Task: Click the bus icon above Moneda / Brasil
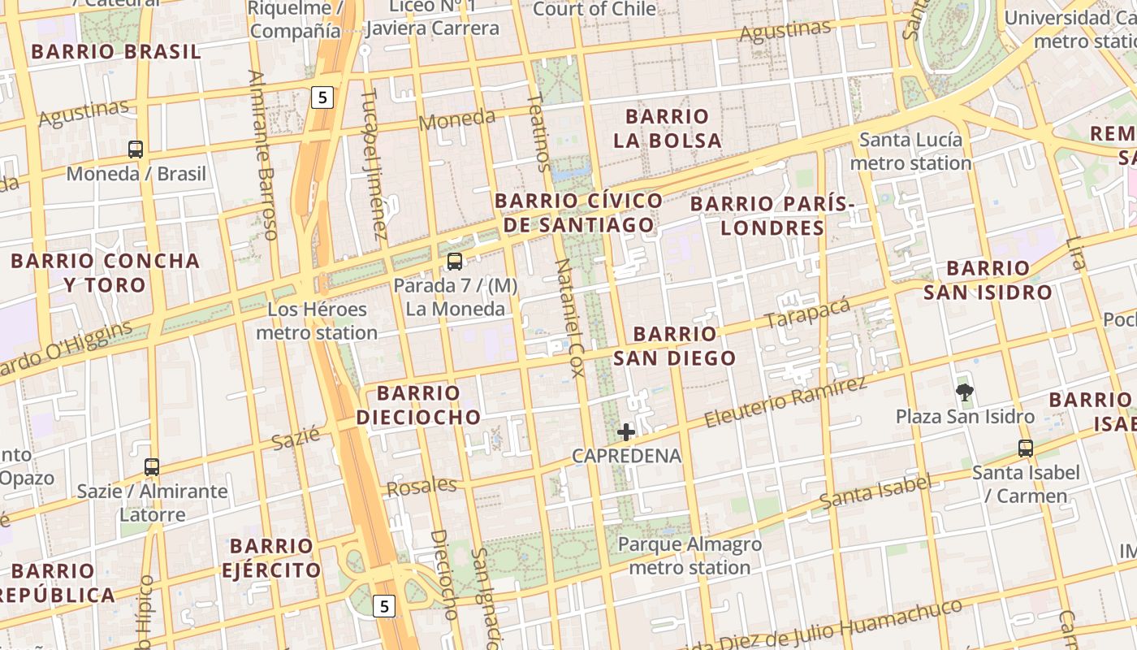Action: point(136,149)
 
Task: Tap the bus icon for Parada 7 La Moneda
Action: point(455,262)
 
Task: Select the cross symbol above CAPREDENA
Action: point(626,432)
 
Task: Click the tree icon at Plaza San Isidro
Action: point(965,393)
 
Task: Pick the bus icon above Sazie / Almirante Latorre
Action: point(152,467)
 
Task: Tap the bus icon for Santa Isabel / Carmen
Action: point(1026,448)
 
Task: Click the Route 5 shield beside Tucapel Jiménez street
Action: point(322,97)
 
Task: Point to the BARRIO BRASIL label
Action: point(115,52)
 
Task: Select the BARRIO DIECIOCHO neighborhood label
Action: point(418,405)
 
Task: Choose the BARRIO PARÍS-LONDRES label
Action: point(772,215)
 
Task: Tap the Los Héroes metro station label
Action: point(317,321)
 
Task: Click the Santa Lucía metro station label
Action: point(910,151)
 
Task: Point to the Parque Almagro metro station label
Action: point(690,556)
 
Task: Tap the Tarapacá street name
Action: point(807,314)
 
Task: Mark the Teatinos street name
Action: point(538,132)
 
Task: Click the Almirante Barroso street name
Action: point(263,154)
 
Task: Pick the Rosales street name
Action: point(422,487)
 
